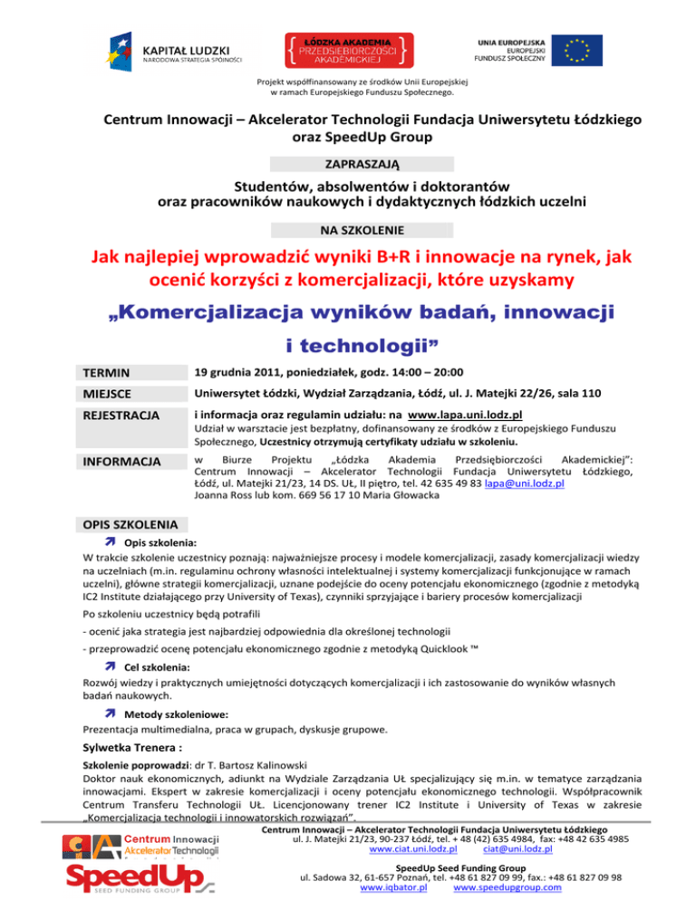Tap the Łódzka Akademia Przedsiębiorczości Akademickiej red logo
click(x=348, y=51)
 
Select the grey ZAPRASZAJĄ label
click(x=347, y=165)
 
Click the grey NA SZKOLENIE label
click(x=347, y=230)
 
